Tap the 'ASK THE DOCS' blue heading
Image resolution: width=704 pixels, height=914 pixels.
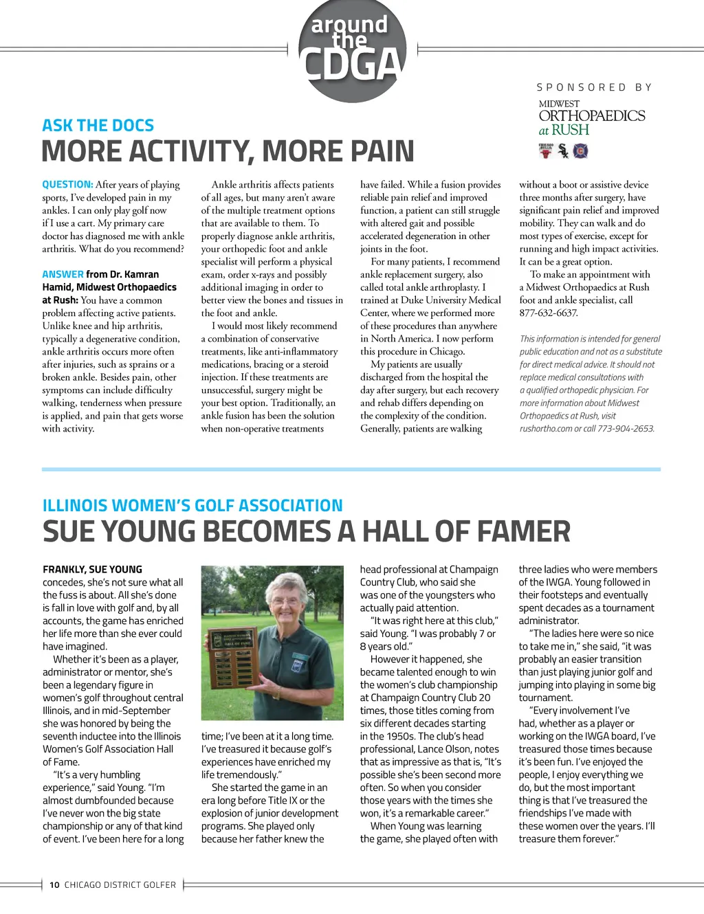pos(98,126)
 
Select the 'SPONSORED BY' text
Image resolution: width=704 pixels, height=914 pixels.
pos(594,87)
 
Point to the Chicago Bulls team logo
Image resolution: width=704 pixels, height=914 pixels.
pos(546,151)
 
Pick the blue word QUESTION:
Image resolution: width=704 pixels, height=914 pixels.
pos(67,185)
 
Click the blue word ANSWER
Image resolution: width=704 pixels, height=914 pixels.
pos(63,274)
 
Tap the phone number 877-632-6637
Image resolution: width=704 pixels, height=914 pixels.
pos(549,313)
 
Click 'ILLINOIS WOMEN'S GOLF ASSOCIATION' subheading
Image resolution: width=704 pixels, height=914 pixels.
pos(192,506)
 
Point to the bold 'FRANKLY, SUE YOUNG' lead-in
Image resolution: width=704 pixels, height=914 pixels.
pos(92,570)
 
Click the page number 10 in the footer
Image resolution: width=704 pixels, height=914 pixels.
pos(54,885)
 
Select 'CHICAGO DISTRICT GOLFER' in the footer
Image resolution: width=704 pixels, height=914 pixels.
pos(120,885)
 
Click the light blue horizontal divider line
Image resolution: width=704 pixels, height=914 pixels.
pos(351,469)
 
